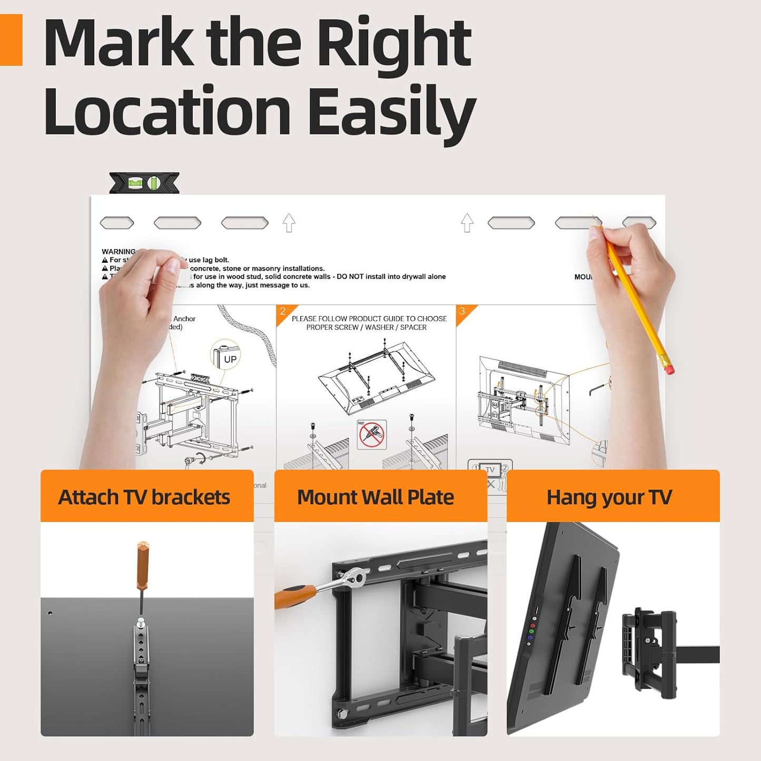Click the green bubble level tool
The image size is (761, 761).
[x=144, y=183]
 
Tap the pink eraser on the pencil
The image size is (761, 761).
[x=669, y=369]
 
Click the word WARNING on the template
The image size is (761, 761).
[x=118, y=252]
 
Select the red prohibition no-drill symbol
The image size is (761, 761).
[x=372, y=435]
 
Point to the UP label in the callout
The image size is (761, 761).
[x=230, y=359]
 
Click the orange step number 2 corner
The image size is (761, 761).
[x=283, y=312]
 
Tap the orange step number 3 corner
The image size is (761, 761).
[x=463, y=312]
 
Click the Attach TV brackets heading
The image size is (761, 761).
[x=144, y=497]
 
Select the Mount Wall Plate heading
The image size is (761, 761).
[x=375, y=497]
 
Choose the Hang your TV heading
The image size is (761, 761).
[x=609, y=497]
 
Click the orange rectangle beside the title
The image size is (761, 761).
[x=11, y=40]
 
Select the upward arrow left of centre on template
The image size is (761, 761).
[x=289, y=223]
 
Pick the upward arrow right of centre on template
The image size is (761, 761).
[x=467, y=223]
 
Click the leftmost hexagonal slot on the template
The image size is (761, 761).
[x=117, y=223]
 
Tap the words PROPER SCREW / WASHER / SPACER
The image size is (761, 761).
[x=367, y=327]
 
